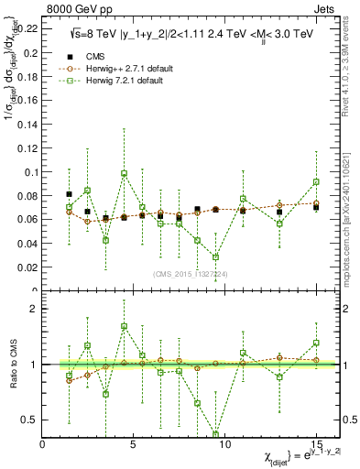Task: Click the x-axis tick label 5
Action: pos(134,444)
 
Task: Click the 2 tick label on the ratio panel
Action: pos(35,309)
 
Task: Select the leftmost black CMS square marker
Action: pos(70,194)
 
